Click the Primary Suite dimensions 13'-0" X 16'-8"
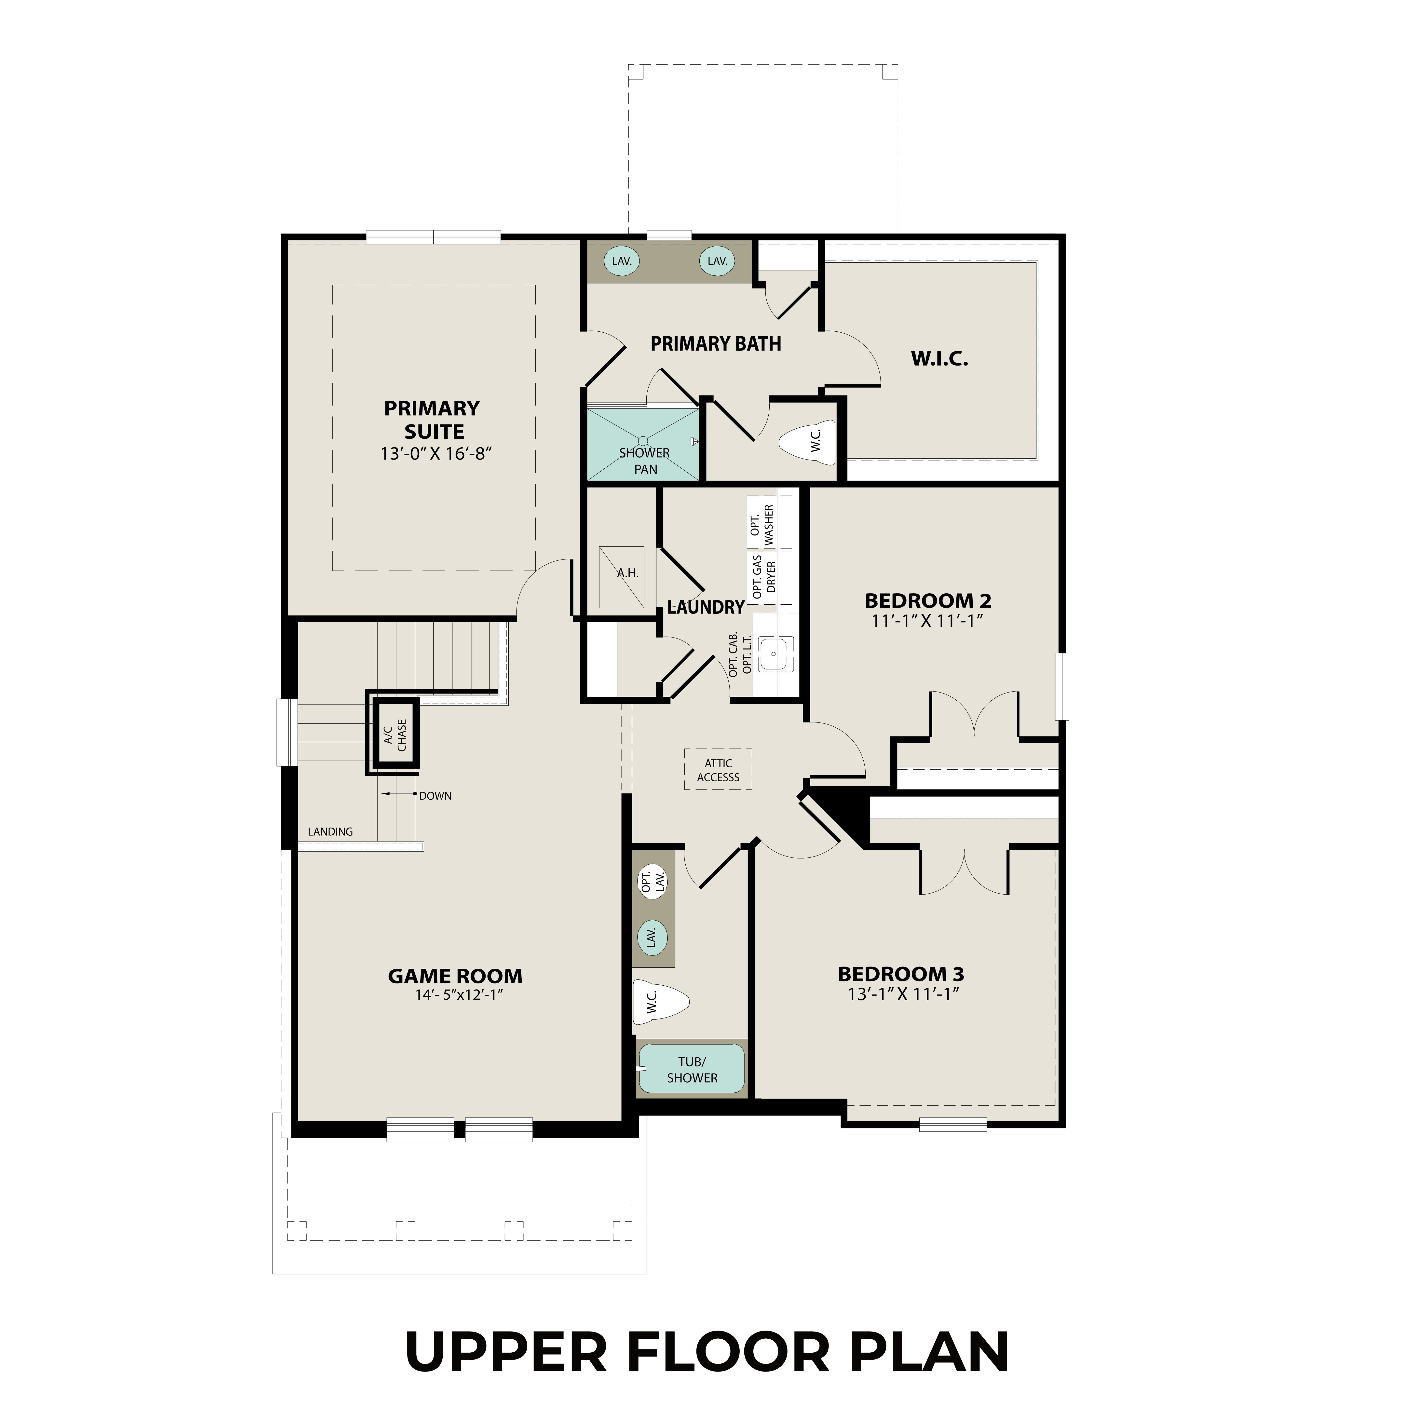coord(435,454)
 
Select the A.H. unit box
coord(622,577)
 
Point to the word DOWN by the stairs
coord(435,796)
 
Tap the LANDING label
coord(330,831)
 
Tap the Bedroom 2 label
coord(927,601)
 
